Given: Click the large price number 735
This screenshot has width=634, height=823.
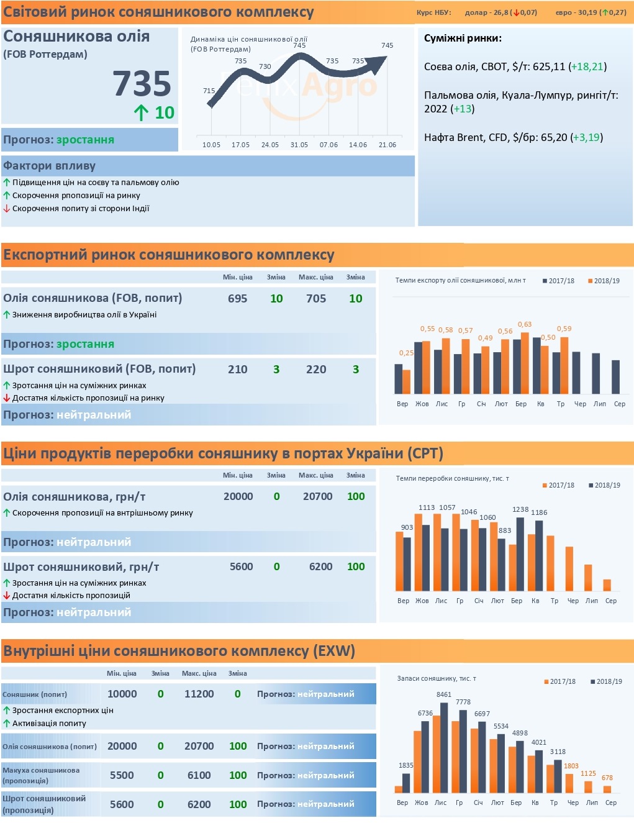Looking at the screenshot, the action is pos(142,83).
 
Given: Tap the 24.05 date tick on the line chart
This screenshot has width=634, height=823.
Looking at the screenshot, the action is pos(270,145).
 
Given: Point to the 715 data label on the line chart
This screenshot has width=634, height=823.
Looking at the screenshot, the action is pos(209,91).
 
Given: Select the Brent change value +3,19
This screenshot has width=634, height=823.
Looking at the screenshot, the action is pos(586,137).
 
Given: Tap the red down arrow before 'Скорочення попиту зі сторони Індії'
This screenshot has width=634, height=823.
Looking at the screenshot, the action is pos(6,208).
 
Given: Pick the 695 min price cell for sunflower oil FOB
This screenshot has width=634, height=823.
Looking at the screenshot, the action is pos(237,298).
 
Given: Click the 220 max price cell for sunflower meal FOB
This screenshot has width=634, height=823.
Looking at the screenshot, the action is pos(316,370).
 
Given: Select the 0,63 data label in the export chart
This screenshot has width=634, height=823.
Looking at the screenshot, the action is pos(525,324).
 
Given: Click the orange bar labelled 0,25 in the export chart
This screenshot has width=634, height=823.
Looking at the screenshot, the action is pos(407,382).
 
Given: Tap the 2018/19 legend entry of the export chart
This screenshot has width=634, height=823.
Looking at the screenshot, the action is pos(604,281).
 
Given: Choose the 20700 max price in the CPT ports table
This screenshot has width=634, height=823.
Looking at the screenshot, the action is pos(317,496).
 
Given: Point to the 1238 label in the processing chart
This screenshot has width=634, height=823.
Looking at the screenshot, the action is pos(520,509).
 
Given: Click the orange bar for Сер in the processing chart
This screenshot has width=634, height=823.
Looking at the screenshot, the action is pos(607,585).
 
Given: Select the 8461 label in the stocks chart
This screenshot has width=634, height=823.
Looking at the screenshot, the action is pos(443,694).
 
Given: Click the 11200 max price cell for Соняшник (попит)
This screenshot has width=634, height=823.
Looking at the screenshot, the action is pos(199,693).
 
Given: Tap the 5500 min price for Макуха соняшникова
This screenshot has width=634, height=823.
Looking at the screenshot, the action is pos(122,775).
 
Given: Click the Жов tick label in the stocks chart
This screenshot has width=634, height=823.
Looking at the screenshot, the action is pos(421,803).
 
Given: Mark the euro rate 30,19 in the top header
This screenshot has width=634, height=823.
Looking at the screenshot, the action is pos(587,12).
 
